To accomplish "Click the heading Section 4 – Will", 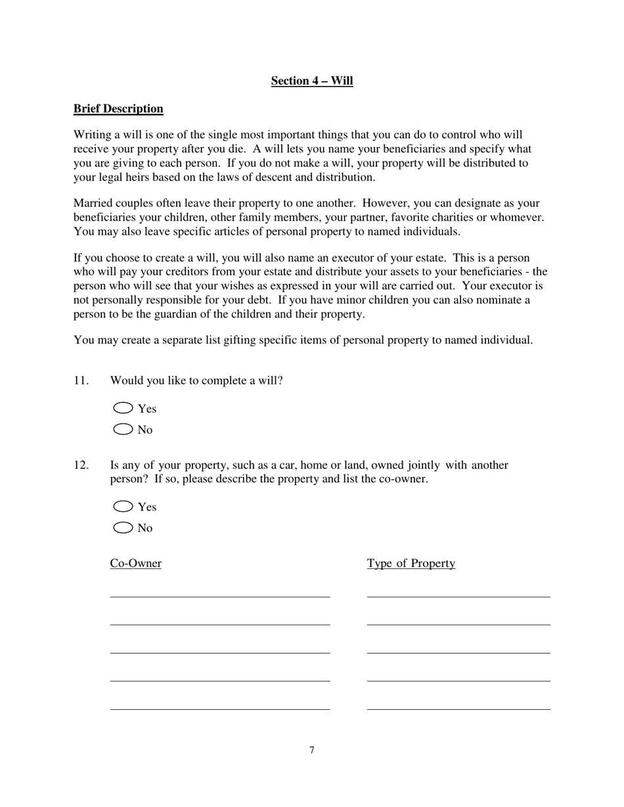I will [x=312, y=81].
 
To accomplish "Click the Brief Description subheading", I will [x=118, y=109].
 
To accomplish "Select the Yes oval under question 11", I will [x=123, y=408].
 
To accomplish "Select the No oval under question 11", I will [x=123, y=430].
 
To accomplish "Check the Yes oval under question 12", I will [x=123, y=507].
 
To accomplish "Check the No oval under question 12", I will [x=123, y=528].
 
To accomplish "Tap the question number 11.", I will [x=81, y=381].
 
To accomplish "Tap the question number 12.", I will [x=81, y=465].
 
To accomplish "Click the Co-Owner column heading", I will [x=135, y=564].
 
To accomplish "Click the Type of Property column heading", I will [x=411, y=564].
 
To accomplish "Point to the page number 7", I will [x=312, y=751].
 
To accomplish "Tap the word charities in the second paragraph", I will [x=472, y=217].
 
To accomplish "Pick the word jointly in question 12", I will [x=424, y=465].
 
